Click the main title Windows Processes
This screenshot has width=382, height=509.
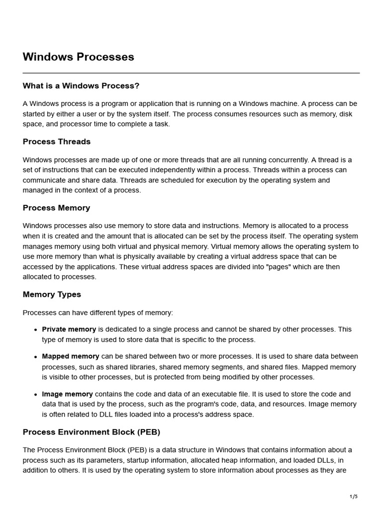click(x=78, y=57)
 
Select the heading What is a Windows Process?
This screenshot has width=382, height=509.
click(x=81, y=86)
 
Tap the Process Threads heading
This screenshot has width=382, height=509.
click(x=57, y=142)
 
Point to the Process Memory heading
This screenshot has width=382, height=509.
click(x=56, y=208)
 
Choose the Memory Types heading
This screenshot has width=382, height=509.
click(x=52, y=294)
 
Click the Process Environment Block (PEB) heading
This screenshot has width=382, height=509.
click(x=92, y=432)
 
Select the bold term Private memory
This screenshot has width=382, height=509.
click(x=69, y=329)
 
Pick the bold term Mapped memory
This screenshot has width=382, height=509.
click(x=71, y=356)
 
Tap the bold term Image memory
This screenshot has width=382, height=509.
click(x=67, y=394)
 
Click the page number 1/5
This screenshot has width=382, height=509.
click(x=354, y=497)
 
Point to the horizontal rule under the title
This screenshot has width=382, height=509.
click(x=191, y=73)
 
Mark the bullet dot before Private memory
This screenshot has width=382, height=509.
click(x=36, y=330)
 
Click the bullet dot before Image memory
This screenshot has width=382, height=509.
click(x=36, y=395)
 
